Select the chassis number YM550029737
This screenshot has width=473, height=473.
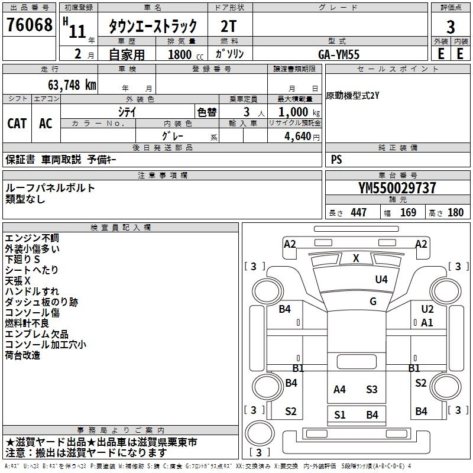tap(397, 188)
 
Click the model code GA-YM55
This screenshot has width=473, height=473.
tap(339, 54)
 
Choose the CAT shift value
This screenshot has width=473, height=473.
tap(17, 123)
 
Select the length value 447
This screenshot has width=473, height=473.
tap(358, 213)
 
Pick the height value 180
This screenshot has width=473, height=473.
tap(455, 213)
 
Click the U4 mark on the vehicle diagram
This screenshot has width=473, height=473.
tap(381, 279)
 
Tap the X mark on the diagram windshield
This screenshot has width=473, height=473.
tap(356, 258)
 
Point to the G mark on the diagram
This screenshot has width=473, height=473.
tap(373, 301)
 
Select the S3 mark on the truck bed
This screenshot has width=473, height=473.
tap(371, 389)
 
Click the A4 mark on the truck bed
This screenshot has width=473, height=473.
tap(339, 389)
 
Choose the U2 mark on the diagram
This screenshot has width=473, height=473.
tap(427, 309)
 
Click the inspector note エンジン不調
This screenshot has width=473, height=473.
tap(32, 238)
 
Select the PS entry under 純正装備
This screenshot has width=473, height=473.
tap(336, 160)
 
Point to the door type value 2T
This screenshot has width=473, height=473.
tap(229, 25)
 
